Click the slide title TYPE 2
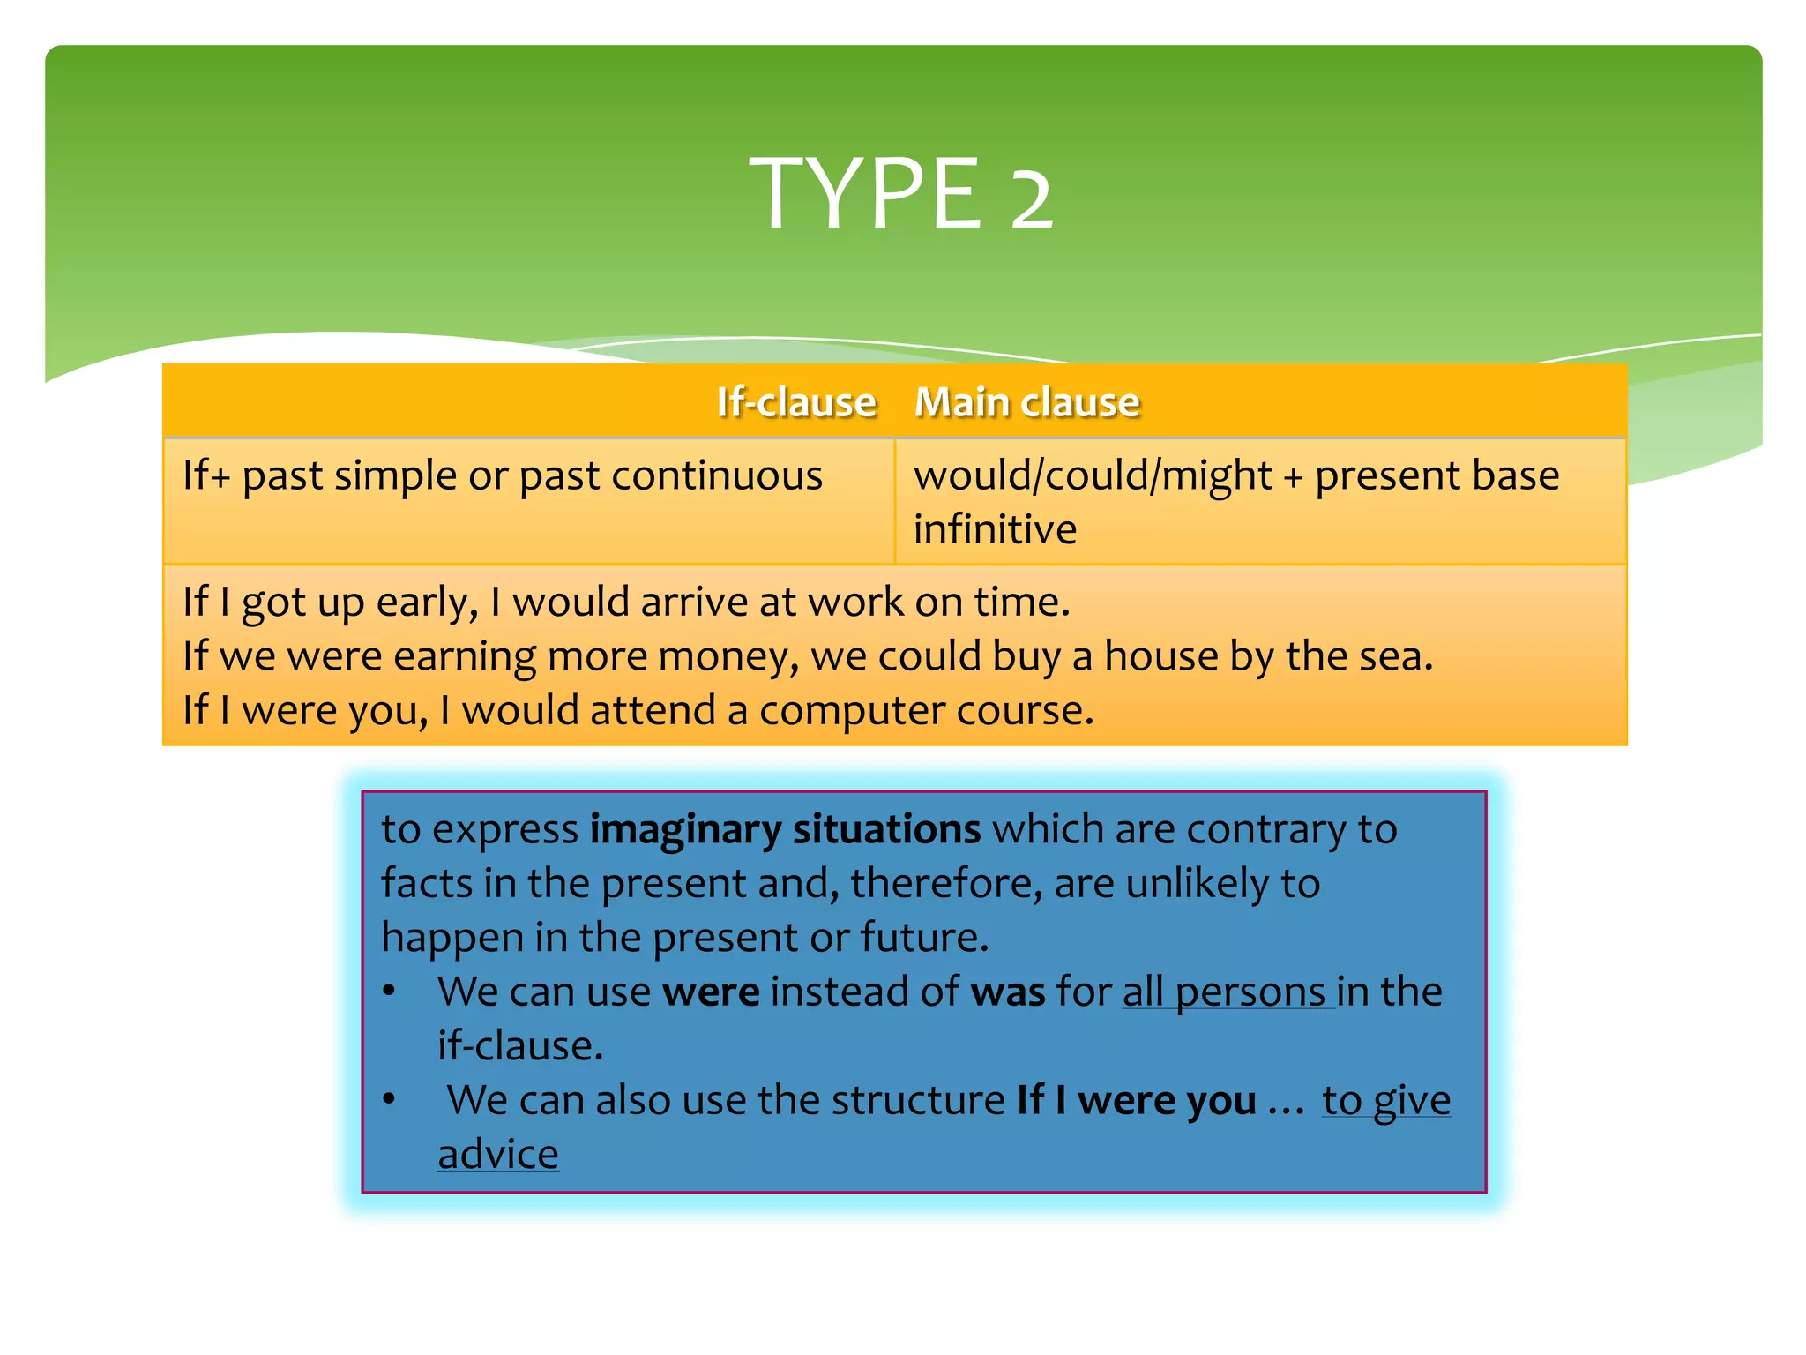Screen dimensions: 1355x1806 point(900,193)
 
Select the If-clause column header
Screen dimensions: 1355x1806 point(795,402)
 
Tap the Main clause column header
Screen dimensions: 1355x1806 point(1026,402)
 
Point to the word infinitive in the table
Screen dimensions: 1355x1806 point(995,530)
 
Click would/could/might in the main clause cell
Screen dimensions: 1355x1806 point(1093,476)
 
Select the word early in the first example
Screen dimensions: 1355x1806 point(427,603)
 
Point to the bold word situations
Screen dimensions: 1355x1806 point(886,830)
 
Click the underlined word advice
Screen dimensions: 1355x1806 point(498,1155)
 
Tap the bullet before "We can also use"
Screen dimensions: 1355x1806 point(389,1099)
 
